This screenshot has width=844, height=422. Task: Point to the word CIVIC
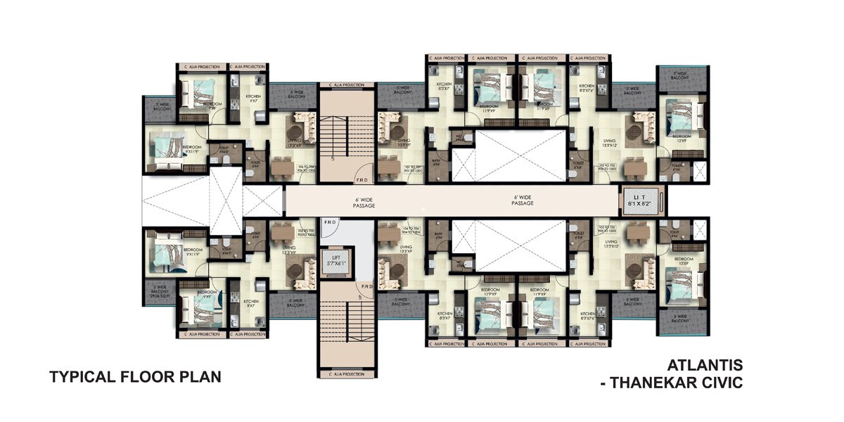(721, 383)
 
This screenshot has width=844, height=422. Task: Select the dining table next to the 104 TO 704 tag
(386, 231)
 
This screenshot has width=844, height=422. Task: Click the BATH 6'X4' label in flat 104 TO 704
(437, 236)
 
